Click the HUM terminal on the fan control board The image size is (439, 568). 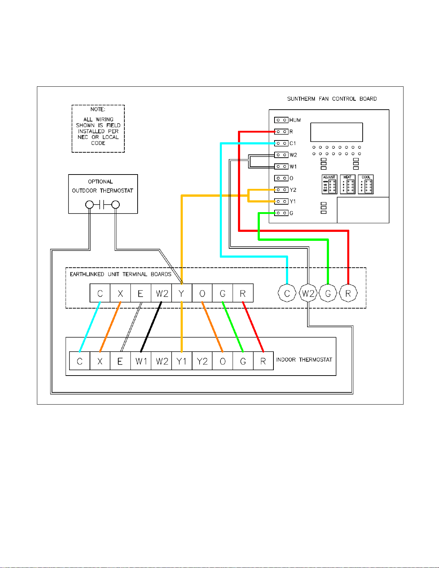click(281, 120)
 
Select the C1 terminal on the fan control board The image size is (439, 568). click(281, 143)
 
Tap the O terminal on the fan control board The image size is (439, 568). click(281, 178)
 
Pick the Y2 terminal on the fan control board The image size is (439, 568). click(281, 190)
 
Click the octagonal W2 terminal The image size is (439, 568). click(308, 293)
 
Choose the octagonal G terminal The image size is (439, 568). click(328, 293)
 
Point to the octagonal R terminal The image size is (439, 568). click(348, 293)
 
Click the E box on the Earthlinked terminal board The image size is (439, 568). click(141, 293)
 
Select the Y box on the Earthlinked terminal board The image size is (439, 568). click(182, 293)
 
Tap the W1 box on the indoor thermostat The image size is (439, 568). click(141, 361)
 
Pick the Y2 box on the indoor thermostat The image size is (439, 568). click(202, 361)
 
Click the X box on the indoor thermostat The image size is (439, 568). click(100, 361)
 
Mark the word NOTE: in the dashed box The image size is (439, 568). click(98, 109)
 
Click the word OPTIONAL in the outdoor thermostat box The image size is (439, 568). click(100, 182)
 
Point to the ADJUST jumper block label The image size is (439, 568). click(329, 177)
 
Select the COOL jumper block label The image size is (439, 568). click(366, 177)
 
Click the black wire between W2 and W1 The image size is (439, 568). click(151, 326)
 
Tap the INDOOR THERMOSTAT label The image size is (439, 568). click(304, 360)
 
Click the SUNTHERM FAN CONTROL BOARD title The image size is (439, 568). click(332, 99)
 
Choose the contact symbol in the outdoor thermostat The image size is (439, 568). click(102, 205)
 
